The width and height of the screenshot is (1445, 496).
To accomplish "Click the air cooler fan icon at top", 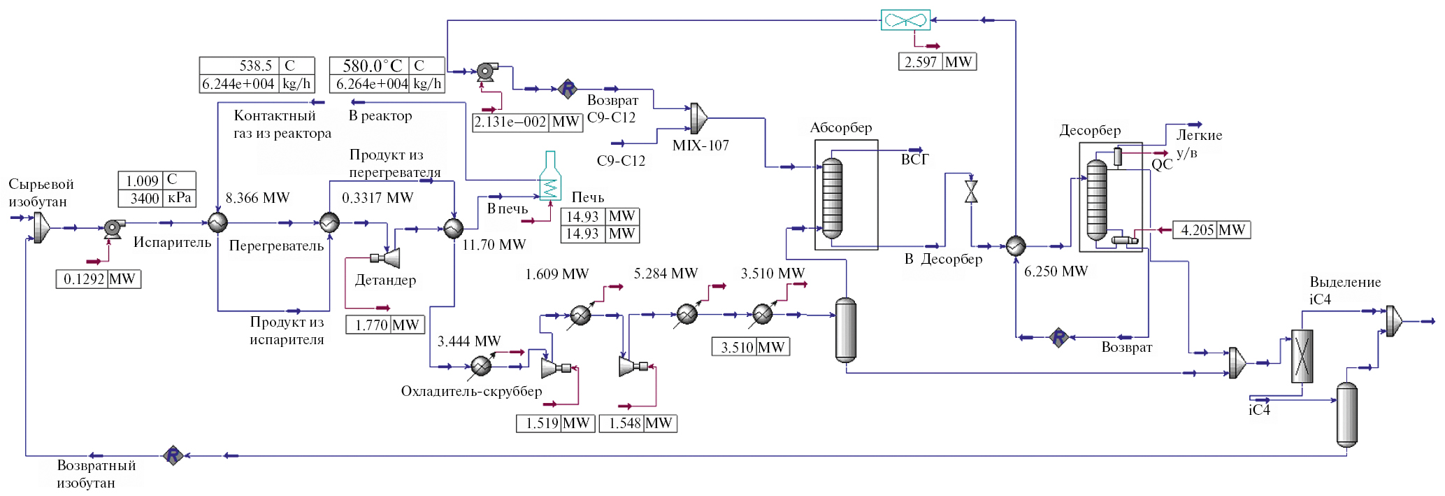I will click(x=905, y=20).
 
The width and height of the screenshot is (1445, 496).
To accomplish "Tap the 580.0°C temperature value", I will click(x=372, y=66).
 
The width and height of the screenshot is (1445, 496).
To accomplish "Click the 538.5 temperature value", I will click(x=255, y=66).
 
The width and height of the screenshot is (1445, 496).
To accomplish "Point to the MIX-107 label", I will click(x=700, y=146).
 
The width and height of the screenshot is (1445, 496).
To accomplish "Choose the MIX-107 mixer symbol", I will click(x=698, y=118).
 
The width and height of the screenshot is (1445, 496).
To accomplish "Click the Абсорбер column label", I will click(x=841, y=128).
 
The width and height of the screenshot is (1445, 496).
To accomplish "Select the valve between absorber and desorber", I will click(x=971, y=192).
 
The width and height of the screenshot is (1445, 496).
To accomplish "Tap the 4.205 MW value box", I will click(x=1212, y=229).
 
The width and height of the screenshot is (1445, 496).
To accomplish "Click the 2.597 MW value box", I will click(x=937, y=62).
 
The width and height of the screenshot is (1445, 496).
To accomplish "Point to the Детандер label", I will click(x=385, y=280).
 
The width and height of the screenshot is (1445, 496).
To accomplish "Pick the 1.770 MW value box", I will click(x=385, y=325).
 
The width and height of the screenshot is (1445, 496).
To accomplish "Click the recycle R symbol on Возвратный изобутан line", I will click(x=173, y=455).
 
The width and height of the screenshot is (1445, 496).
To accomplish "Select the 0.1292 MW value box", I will click(x=99, y=279).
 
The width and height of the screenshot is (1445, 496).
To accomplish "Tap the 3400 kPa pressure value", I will click(x=145, y=198).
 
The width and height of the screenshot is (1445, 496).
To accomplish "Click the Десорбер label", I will click(x=1090, y=131).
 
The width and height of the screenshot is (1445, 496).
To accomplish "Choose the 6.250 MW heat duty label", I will click(x=1056, y=271).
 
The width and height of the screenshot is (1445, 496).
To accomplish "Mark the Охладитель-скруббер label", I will click(x=471, y=391).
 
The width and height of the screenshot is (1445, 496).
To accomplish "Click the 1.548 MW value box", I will click(x=638, y=423).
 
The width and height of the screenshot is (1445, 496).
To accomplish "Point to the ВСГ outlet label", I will click(x=914, y=160).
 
